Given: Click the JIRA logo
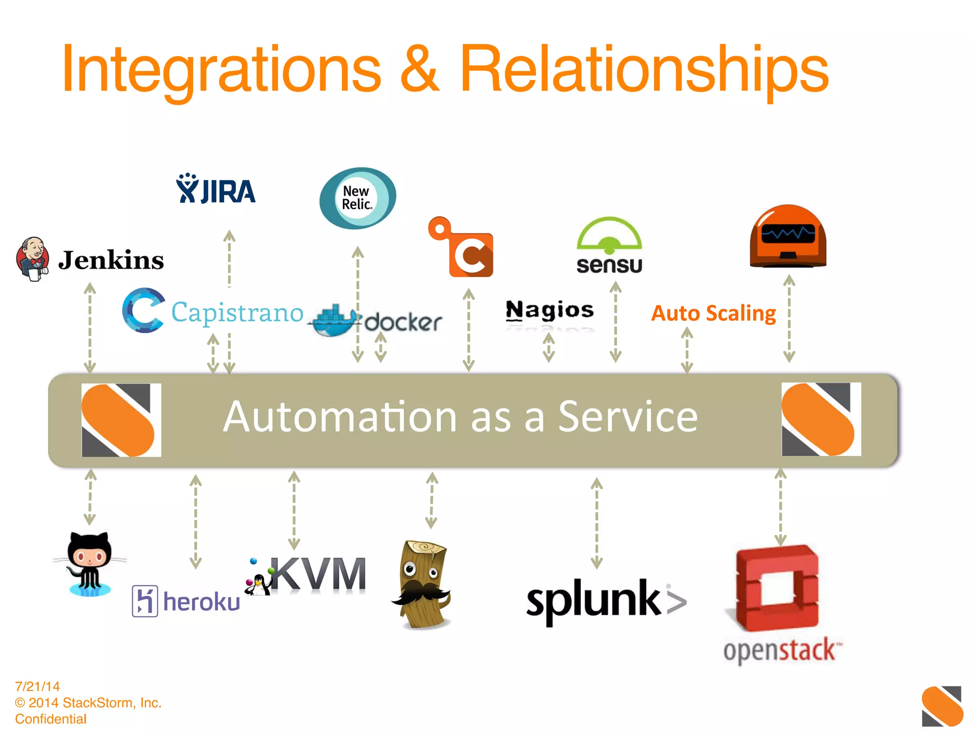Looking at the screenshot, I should point(216,190).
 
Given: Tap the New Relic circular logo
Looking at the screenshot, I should point(358,198).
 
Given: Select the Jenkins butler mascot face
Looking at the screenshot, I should point(32,258).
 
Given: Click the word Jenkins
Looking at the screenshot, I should point(111,260).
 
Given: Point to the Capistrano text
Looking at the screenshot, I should point(237,313).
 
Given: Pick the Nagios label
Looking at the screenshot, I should point(549,310).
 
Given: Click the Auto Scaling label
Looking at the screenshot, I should point(713,313).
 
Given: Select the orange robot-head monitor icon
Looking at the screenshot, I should point(788,237).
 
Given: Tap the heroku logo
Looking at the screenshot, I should point(186,601).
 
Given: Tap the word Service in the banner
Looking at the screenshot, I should point(627,417).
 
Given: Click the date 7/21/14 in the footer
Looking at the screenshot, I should point(38,686).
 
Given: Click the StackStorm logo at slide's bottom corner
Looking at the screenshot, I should point(942,706).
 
